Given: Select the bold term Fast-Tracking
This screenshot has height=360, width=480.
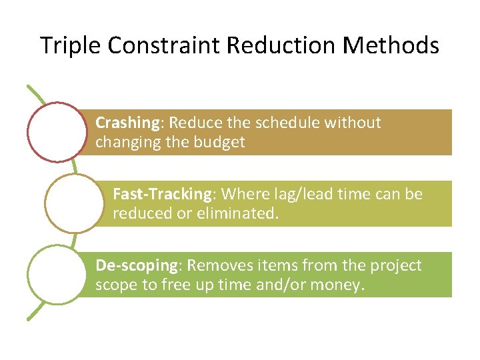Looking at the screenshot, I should point(162,194).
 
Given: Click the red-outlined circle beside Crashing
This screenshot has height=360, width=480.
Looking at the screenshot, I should point(58,131).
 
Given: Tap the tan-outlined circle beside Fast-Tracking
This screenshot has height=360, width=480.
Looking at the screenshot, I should point(75,203).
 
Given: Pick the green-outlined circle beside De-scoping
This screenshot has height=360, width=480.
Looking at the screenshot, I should point(58,274).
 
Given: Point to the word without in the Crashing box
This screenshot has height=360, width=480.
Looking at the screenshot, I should point(357,123).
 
